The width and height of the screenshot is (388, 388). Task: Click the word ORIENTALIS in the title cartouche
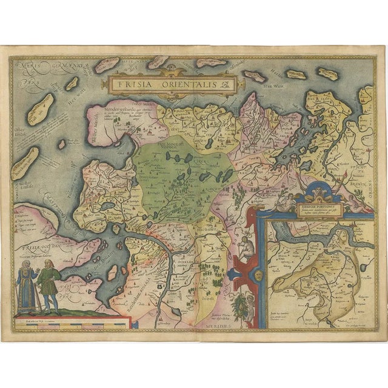pyautogui.click(x=176, y=85)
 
